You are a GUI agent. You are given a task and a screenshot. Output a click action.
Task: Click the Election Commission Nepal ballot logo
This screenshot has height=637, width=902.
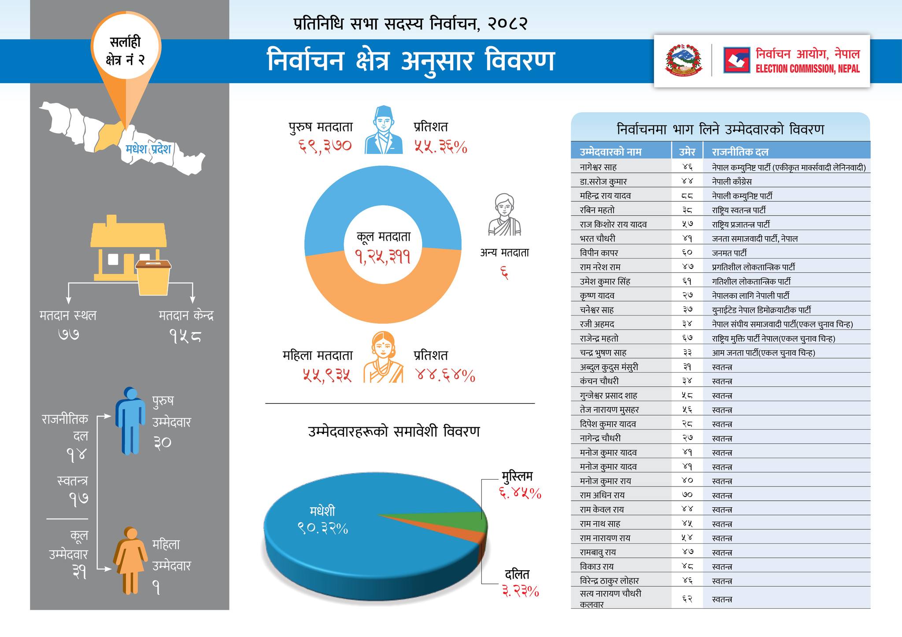tap(736, 60)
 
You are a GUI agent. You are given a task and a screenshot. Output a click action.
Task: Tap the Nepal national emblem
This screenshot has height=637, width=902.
tap(684, 60)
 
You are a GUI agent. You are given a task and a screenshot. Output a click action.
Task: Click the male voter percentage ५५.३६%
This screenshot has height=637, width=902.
tap(440, 146)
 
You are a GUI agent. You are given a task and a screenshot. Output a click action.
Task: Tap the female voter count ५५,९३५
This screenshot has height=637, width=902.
tap(327, 375)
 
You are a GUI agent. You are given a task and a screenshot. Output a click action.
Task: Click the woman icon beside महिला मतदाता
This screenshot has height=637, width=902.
tap(383, 357)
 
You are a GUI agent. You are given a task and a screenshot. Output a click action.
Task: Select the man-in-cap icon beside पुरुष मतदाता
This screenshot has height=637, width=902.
tap(384, 130)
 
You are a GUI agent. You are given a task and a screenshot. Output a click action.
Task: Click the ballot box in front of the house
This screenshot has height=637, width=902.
tap(153, 277)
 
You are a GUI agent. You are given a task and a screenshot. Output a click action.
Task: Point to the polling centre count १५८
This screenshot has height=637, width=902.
tap(185, 336)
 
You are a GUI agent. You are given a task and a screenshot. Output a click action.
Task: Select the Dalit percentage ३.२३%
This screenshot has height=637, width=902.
tap(520, 591)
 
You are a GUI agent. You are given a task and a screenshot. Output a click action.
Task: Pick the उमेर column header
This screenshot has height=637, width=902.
tap(687, 152)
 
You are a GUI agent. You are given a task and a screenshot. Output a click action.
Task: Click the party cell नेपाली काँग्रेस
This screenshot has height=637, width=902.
tap(732, 181)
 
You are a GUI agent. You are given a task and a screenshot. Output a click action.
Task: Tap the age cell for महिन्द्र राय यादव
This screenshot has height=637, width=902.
tap(687, 196)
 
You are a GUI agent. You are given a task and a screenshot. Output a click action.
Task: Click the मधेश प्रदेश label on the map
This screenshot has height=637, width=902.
tap(148, 149)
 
